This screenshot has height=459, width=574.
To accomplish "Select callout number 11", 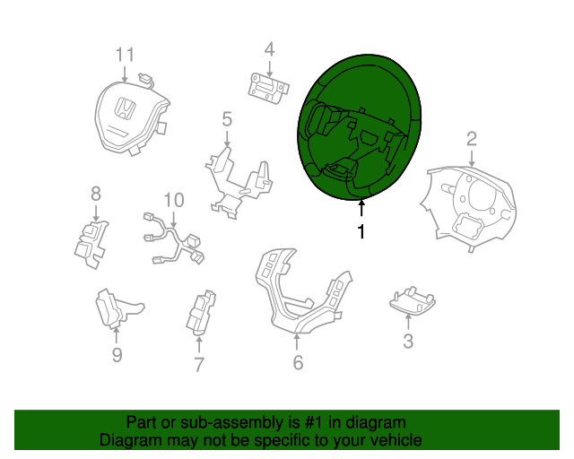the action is (x=125, y=55).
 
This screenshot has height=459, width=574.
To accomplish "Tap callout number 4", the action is (x=269, y=49).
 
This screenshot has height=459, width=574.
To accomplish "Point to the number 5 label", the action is (x=227, y=120).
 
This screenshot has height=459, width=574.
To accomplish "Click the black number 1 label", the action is (x=361, y=231).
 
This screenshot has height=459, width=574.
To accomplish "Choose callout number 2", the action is (x=472, y=139).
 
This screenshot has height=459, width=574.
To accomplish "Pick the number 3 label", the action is (x=408, y=342).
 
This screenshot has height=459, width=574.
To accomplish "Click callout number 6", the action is (x=298, y=362).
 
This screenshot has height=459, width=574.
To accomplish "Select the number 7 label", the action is (x=198, y=365).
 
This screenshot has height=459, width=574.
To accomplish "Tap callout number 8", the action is (x=96, y=194).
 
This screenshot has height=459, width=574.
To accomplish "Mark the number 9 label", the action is (x=117, y=355).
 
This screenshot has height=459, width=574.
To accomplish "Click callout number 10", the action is (x=173, y=200).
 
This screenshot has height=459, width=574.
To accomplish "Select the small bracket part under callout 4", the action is (x=269, y=89).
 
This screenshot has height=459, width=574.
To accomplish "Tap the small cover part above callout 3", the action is (x=412, y=300).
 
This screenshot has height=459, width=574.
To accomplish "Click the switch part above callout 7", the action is (x=201, y=313).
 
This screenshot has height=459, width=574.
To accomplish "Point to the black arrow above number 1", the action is (x=361, y=209).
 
